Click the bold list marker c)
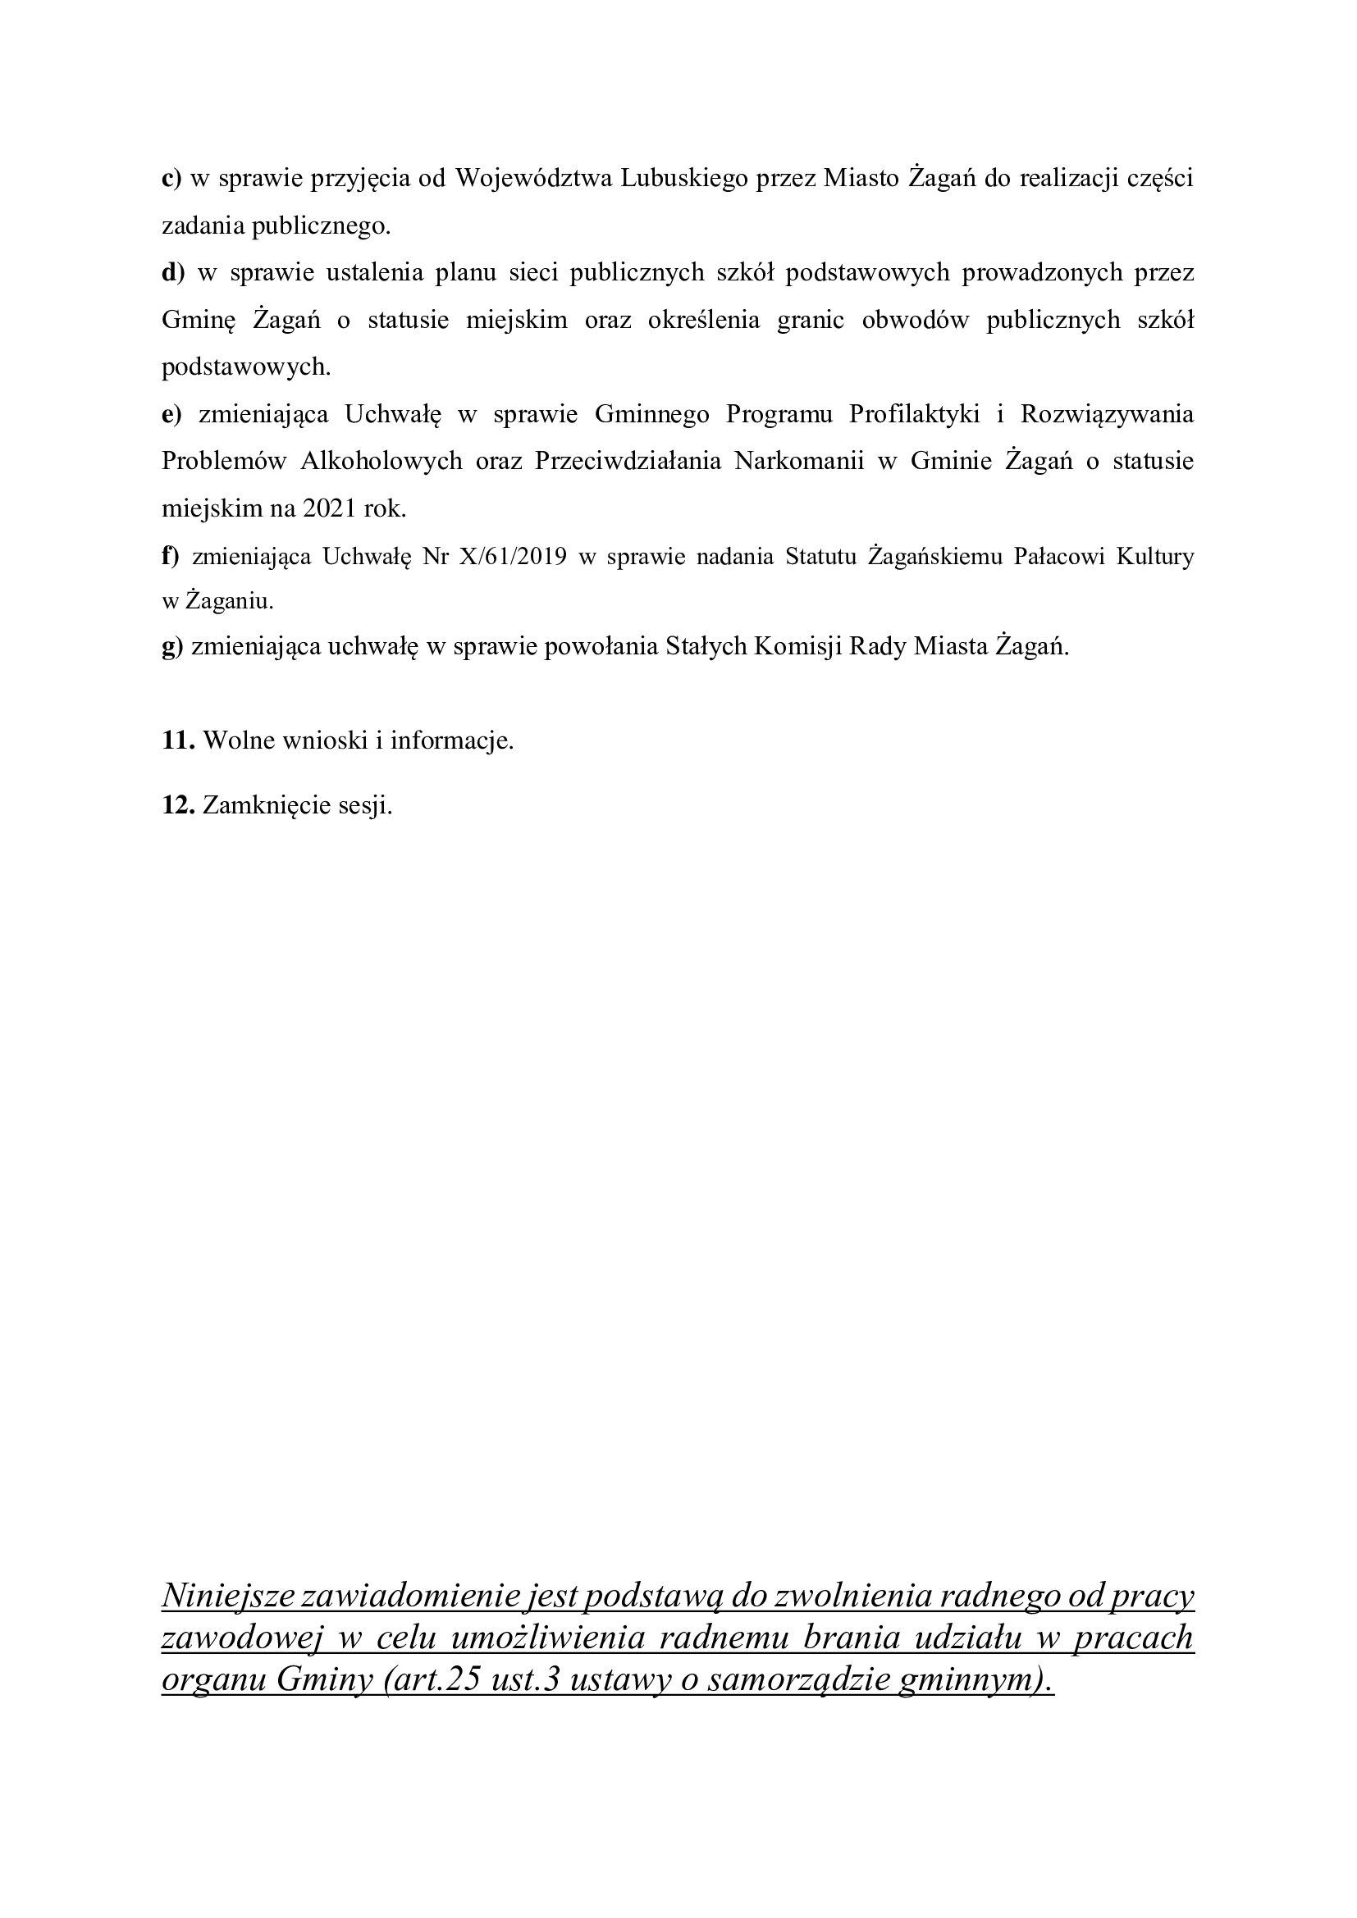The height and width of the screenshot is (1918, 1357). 171,179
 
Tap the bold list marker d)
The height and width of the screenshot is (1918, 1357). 173,272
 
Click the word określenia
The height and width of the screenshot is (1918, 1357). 704,320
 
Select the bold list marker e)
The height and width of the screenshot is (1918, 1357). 171,414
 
